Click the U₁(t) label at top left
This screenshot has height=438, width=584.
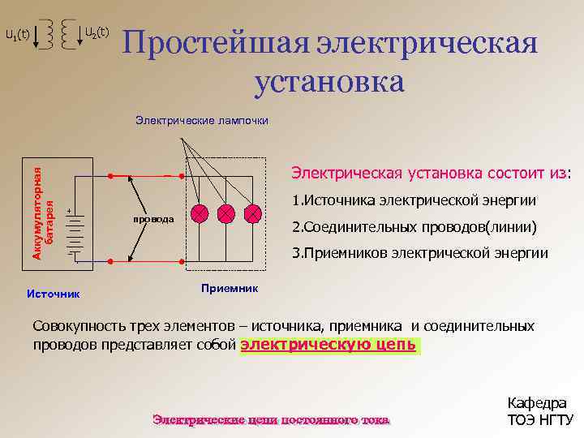[17, 35]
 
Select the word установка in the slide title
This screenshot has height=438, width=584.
[328, 82]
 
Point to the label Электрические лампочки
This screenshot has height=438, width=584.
[202, 121]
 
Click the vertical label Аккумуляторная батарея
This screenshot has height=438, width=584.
[42, 207]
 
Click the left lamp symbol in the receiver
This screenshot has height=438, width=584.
[200, 213]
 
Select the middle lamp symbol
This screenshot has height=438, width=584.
[226, 213]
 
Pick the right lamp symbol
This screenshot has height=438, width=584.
[253, 213]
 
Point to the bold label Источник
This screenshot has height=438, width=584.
[52, 291]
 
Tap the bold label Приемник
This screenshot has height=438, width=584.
[229, 287]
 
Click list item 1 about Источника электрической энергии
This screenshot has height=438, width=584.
[414, 200]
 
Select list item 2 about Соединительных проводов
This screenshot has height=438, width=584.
[414, 226]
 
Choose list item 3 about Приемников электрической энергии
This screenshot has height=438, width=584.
[419, 253]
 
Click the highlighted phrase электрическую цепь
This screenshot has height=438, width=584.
[329, 345]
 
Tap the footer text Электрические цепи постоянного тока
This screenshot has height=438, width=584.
[271, 419]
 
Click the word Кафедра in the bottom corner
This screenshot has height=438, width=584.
[537, 403]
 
